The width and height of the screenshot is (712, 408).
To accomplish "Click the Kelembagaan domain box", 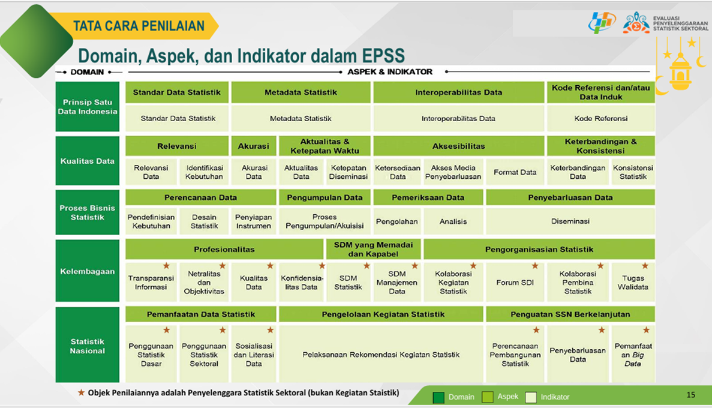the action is click(x=87, y=271).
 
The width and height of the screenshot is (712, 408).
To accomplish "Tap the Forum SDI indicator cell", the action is click(x=515, y=282).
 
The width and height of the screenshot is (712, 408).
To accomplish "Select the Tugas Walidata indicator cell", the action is click(x=633, y=282).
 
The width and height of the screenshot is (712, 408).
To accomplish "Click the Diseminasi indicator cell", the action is click(x=570, y=221).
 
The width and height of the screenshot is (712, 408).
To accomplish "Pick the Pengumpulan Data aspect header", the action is click(x=325, y=197).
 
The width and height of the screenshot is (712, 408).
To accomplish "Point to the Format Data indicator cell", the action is click(x=515, y=172).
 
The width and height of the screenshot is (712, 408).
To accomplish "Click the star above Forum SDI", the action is click(x=534, y=266).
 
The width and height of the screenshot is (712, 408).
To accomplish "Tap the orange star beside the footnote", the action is click(x=82, y=392).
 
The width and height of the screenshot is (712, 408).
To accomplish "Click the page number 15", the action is click(x=690, y=395).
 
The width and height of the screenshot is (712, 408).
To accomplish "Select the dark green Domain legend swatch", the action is click(x=438, y=398).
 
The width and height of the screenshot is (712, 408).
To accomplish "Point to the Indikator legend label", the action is click(x=555, y=397).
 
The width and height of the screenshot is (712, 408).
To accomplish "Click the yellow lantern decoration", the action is click(x=680, y=68).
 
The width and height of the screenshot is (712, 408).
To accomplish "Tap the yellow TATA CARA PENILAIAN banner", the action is click(x=136, y=26).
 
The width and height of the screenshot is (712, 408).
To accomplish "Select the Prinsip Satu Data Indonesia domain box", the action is click(x=87, y=107).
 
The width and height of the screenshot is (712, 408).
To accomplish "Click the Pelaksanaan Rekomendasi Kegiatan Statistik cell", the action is click(x=381, y=355).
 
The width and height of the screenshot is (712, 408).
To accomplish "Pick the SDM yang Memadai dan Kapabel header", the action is click(x=373, y=250).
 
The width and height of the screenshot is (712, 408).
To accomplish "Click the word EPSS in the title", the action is click(x=383, y=56).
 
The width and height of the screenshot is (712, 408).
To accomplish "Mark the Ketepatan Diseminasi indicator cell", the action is click(x=349, y=172).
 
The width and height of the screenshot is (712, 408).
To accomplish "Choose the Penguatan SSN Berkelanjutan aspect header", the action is click(x=570, y=314).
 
